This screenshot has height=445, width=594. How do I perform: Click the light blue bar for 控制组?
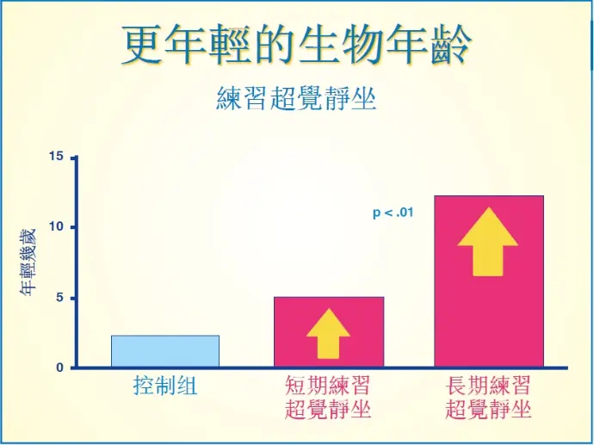[165, 351]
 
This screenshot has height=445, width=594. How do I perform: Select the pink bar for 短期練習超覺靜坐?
[329, 331]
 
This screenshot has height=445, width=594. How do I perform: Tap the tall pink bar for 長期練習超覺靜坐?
[489, 281]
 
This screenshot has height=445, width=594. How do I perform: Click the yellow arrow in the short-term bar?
[329, 334]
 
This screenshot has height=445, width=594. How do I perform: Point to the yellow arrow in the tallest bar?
[487, 241]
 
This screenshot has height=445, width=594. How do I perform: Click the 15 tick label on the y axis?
[57, 156]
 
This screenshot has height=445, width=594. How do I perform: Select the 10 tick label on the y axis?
[57, 227]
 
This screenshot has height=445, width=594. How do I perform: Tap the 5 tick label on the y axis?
[60, 298]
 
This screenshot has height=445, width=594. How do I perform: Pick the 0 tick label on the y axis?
[60, 368]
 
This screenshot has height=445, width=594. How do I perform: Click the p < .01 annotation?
[393, 213]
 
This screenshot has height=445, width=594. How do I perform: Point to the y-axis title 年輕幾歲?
[28, 262]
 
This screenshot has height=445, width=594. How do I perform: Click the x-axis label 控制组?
[165, 386]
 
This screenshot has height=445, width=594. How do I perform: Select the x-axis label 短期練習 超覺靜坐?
[328, 397]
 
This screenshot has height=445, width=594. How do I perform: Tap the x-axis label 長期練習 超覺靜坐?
[488, 397]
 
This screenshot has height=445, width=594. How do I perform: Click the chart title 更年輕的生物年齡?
[297, 46]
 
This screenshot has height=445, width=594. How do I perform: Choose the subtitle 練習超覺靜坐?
[296, 98]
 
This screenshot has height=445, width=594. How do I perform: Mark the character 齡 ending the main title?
[452, 46]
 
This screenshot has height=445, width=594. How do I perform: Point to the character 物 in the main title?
[363, 46]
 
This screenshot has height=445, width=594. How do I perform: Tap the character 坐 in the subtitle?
[363, 98]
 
